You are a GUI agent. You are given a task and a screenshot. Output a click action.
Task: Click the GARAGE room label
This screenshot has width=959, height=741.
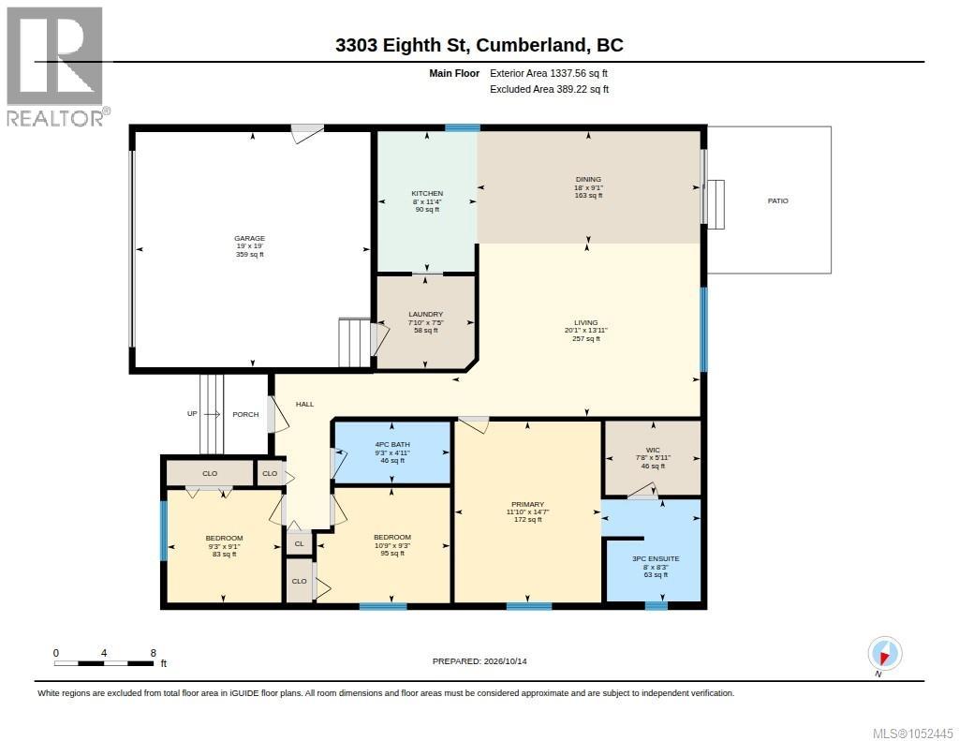point(249,238)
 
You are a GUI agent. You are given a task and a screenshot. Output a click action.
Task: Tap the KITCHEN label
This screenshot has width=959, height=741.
point(427,193)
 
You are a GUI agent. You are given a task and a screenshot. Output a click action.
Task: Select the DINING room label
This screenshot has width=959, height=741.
point(588,179)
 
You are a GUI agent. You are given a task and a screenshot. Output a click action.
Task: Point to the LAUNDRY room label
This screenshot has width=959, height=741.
point(426,314)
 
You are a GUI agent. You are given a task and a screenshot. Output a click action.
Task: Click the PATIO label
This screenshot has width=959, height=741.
point(778,200)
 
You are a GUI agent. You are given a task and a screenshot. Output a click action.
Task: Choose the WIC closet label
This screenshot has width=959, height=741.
point(653,450)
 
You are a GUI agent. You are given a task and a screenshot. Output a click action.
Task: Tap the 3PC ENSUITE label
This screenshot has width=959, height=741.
point(656,558)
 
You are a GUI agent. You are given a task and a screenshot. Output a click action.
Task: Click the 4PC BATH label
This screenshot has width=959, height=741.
point(392,444)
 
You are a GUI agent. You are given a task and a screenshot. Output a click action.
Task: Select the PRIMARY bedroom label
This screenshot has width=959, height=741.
point(527,504)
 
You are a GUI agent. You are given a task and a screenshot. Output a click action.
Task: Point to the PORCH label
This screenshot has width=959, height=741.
point(245,414)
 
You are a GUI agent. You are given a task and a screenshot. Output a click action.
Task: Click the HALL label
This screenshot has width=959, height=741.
point(304,404)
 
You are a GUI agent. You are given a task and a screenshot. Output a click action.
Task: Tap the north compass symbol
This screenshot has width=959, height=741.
point(884,654)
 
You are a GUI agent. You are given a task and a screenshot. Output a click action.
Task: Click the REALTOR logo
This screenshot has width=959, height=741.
point(57,67)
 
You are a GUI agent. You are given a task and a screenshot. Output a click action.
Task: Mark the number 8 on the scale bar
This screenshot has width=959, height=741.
point(153,653)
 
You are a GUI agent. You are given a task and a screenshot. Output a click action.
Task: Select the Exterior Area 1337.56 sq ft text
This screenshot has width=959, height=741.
point(549,73)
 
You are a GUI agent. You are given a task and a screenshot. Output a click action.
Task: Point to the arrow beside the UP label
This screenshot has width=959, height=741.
point(212,414)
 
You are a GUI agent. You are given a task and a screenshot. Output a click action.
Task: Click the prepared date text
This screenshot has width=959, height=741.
point(479,660)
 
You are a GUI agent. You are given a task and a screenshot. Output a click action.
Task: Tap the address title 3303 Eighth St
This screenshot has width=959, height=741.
point(401,45)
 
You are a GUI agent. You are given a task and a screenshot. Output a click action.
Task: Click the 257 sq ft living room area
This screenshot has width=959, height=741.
point(586,338)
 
